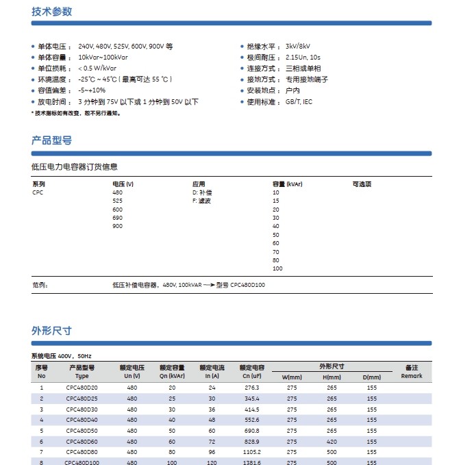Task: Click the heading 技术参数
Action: pyautogui.click(x=51, y=12)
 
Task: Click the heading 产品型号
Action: pyautogui.click(x=51, y=140)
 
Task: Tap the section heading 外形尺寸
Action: pyautogui.click(x=51, y=331)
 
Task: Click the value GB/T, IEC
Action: pyautogui.click(x=299, y=101)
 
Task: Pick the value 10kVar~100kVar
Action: pyautogui.click(x=103, y=57)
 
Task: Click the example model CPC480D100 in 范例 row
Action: pyautogui.click(x=247, y=284)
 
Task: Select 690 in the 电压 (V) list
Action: pyautogui.click(x=117, y=218)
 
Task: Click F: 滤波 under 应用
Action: pyautogui.click(x=202, y=201)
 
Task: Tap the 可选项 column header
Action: pyautogui.click(x=362, y=184)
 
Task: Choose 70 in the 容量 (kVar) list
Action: pyautogui.click(x=276, y=252)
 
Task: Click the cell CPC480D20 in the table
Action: pyautogui.click(x=82, y=388)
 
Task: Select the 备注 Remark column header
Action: pyautogui.click(x=412, y=372)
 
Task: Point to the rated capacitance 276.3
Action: pyautogui.click(x=252, y=388)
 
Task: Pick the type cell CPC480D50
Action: pyautogui.click(x=82, y=431)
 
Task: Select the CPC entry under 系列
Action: pyautogui.click(x=38, y=193)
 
